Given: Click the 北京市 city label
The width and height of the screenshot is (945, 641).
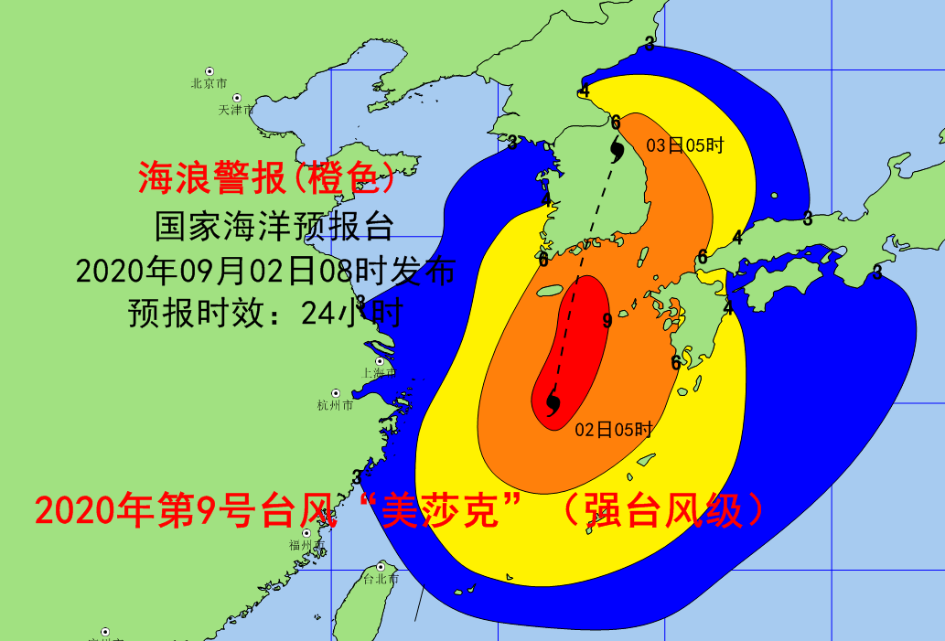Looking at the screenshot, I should pos(209,83).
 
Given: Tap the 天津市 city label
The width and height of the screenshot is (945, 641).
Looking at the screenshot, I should pos(236,110).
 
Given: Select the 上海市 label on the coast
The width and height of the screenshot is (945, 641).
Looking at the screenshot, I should pos(379,372).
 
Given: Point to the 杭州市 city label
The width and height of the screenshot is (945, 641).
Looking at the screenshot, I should pos(335,405).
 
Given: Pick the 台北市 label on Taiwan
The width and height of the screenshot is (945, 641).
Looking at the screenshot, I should pos(381,579).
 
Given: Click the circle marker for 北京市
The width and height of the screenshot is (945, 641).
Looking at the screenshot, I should pos(209,71).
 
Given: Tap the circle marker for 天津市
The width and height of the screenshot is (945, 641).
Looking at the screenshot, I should pos(237,98).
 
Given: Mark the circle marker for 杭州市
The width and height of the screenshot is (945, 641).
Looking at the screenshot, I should pos(336,393).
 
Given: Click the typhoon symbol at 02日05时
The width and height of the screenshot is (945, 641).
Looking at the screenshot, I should pos(553,402).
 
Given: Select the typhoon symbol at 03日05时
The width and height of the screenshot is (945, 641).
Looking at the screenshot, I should pos(617,148).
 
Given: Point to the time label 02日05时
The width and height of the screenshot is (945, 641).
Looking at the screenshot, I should pos(613,430).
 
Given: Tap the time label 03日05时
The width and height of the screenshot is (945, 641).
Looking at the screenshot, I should pos(685,144).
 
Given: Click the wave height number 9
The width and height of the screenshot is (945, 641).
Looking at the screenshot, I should pos(607,320).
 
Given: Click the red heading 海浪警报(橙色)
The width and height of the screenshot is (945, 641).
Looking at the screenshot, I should pos(266,178).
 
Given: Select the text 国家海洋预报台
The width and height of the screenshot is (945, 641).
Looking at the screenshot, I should pos(274,224).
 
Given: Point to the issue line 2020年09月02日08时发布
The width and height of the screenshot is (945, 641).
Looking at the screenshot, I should pos(265,270).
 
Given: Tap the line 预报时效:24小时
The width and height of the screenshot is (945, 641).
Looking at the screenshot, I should pos(265,313).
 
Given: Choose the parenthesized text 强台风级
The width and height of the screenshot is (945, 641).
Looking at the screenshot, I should pos(663,509).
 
